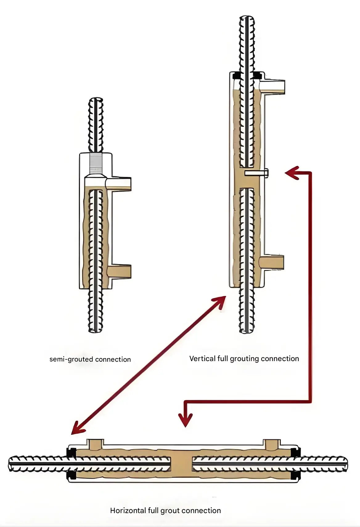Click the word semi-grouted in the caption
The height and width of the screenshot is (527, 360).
(x=71, y=360)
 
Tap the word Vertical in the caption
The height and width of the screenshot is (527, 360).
(x=200, y=359)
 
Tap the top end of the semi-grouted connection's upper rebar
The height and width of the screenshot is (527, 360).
(x=96, y=101)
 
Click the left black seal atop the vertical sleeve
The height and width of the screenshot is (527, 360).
(x=237, y=75)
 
